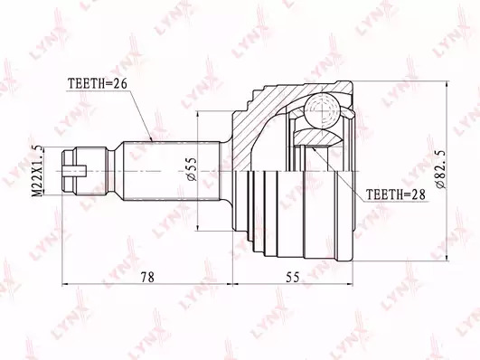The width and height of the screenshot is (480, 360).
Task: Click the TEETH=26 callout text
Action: pos(98,83)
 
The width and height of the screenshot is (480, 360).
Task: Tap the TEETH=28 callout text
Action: pos(396,194)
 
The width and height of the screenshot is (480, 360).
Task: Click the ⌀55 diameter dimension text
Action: pos(191,170)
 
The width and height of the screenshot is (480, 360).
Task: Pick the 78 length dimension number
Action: pos(147,277)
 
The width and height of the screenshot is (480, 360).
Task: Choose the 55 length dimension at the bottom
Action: pos(293,277)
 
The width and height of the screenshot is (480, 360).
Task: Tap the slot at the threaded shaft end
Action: pos(74,171)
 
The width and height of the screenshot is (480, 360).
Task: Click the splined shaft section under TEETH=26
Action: pos(172,171)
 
